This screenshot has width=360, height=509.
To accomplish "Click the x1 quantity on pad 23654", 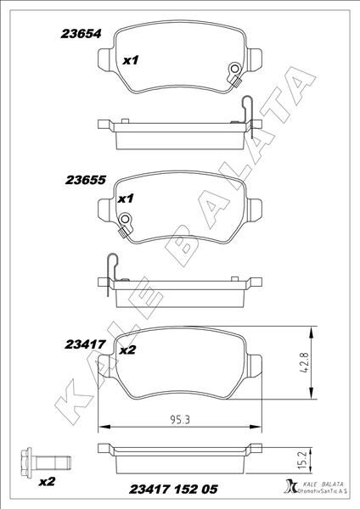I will (130, 61).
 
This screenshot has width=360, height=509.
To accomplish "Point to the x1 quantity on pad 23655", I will (127, 199).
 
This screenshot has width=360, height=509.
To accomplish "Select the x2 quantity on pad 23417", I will (128, 349).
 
